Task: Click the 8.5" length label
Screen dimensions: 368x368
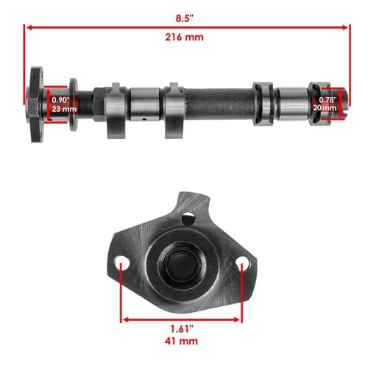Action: coord(185,18)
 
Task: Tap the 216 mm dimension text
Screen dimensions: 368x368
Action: coord(184,38)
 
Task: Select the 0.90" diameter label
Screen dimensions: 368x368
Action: coord(60,100)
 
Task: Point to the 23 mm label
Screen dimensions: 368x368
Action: coord(64,109)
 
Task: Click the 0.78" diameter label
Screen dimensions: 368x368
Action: coord(328,100)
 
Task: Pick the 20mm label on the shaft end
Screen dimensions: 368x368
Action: coord(325,107)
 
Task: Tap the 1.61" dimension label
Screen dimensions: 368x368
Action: coord(182,329)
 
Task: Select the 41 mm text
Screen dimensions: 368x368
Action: coord(181,341)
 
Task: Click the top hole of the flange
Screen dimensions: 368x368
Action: coord(188,218)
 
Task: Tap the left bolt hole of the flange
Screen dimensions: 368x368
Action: coord(122,263)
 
